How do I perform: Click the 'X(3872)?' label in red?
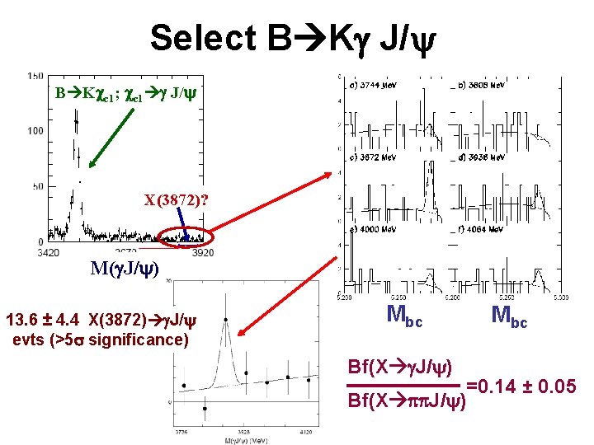[x=176, y=200]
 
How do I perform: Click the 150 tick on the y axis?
[x=35, y=76]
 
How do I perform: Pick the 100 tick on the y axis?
[x=35, y=131]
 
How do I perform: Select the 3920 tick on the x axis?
[x=202, y=252]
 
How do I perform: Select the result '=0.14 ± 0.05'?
[x=521, y=385]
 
